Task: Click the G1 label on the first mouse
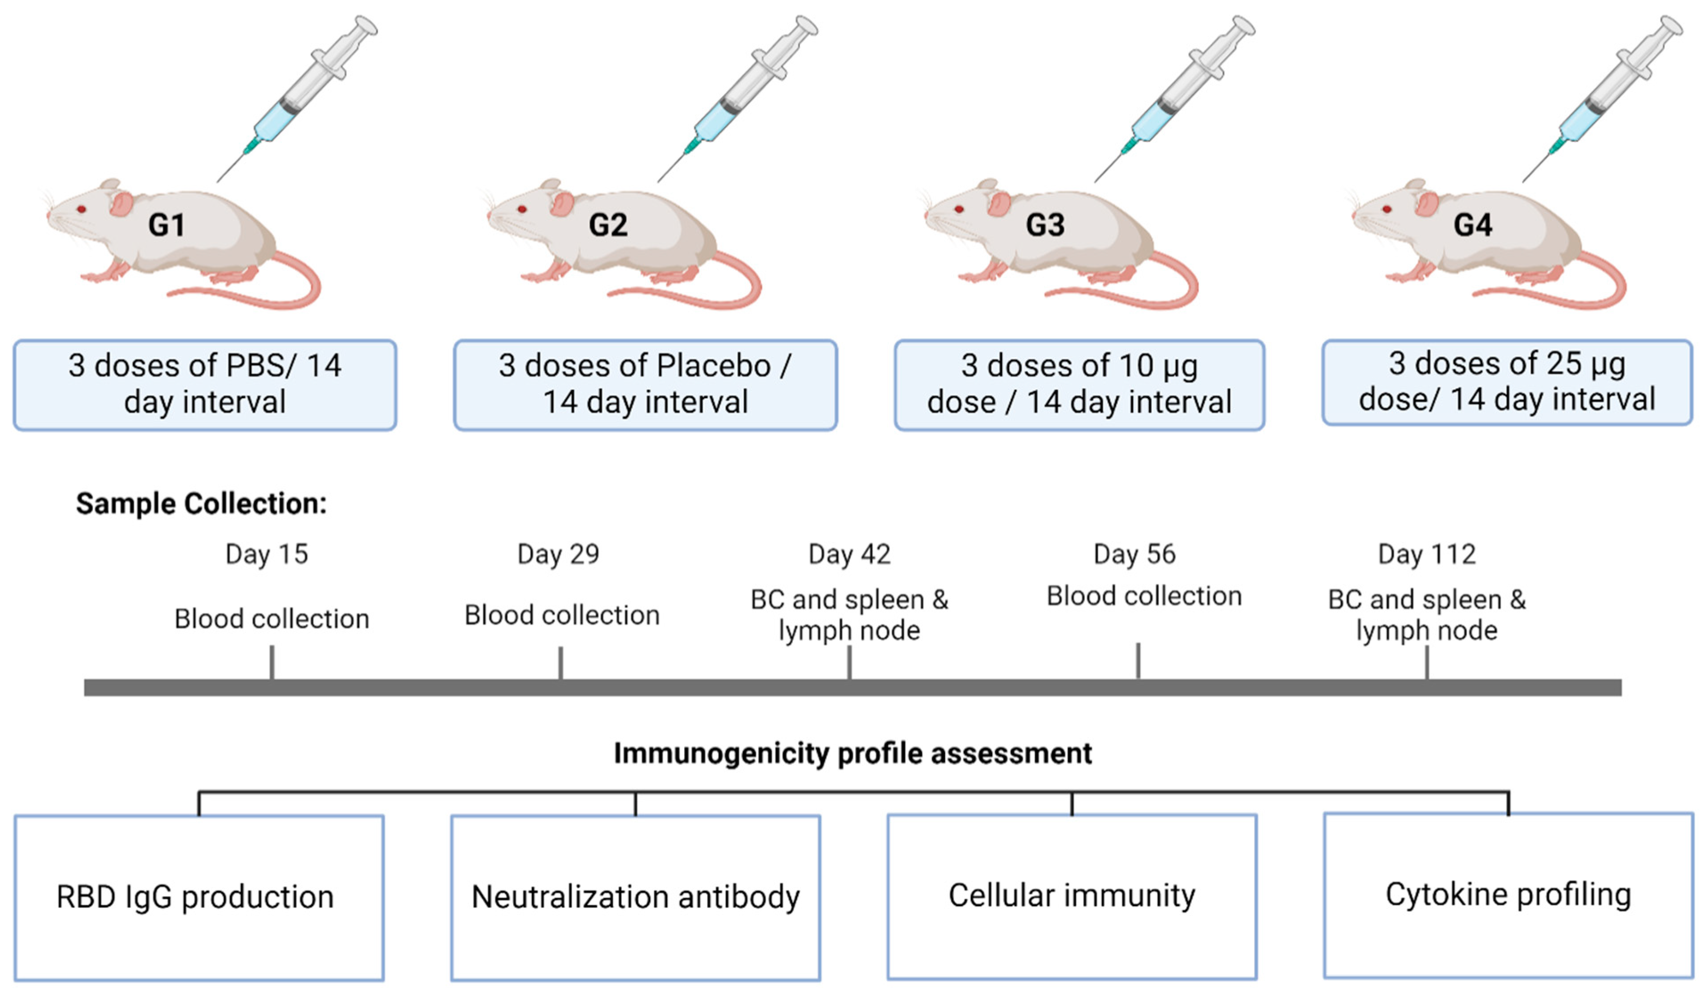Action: [166, 225]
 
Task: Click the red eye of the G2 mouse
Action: [522, 209]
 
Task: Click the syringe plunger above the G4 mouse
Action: [1651, 47]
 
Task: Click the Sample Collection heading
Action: [201, 504]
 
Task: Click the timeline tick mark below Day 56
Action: [1138, 661]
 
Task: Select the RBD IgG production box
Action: [199, 897]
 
